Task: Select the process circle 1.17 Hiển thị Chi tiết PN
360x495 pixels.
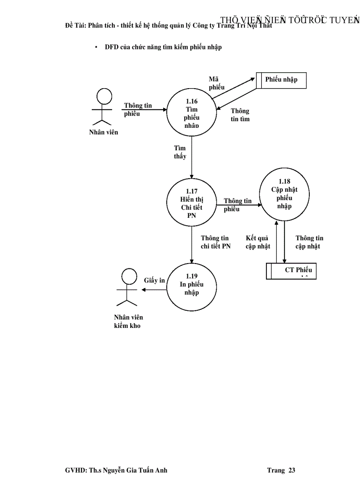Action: point(191,203)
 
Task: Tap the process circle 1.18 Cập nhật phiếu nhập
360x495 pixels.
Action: point(284,194)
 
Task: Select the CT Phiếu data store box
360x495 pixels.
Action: point(291,271)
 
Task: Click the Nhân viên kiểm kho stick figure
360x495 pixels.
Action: point(128,288)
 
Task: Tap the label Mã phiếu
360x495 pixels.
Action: point(217,83)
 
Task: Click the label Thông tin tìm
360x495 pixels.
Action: point(240,115)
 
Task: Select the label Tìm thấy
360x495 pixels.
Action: point(180,152)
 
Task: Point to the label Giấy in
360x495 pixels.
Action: point(154,280)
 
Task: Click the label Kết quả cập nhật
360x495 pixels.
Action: point(258,242)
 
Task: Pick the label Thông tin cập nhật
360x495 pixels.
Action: point(309,242)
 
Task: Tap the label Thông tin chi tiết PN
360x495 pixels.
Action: point(215,242)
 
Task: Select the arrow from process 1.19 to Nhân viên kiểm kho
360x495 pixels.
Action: point(154,290)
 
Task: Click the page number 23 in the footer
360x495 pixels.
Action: point(292,470)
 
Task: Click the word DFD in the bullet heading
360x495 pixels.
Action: point(111,47)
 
